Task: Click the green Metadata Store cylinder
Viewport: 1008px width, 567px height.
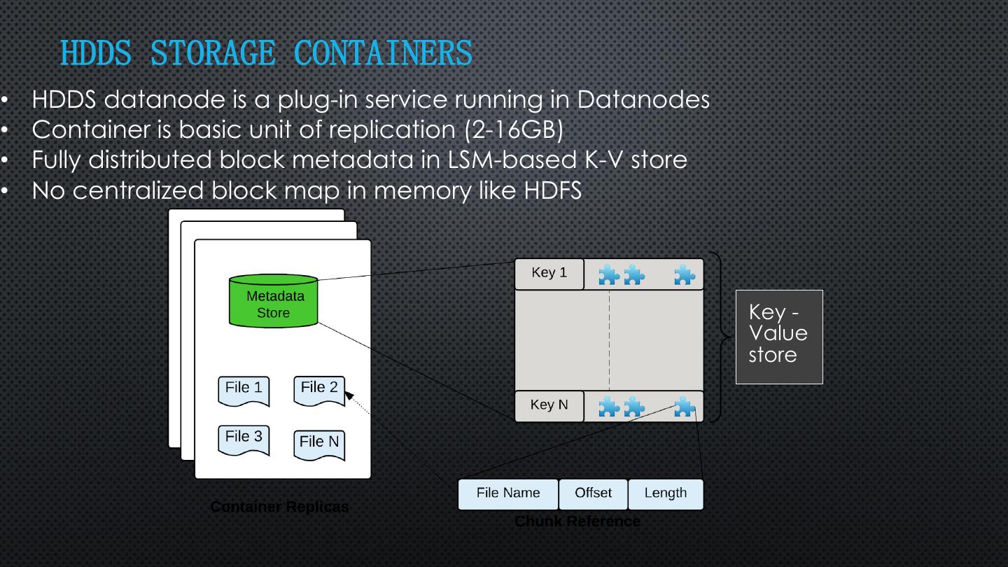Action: tap(274, 302)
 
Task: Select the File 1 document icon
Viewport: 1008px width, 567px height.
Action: tap(244, 391)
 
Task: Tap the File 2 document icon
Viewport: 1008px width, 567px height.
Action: tap(319, 390)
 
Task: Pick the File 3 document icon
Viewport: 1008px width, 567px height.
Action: tap(244, 440)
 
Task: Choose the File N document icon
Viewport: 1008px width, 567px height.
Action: tap(319, 444)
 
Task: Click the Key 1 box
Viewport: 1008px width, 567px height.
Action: tap(549, 274)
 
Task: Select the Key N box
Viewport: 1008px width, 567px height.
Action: tap(549, 406)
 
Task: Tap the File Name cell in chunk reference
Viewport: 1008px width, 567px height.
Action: tap(508, 494)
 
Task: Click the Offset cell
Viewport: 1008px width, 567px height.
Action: tap(593, 494)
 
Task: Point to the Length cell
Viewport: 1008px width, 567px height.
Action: tap(665, 494)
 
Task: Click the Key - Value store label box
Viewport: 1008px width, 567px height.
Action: tap(779, 336)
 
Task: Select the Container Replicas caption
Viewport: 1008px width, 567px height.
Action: tap(279, 507)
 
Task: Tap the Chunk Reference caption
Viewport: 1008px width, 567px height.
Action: tap(577, 521)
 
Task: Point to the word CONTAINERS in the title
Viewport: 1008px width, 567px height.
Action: tap(383, 54)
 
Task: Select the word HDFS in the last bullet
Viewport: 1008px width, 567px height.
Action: tap(553, 190)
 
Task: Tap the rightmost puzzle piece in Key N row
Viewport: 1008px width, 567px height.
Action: tap(685, 407)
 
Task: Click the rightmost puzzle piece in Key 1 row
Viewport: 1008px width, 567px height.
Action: tap(685, 275)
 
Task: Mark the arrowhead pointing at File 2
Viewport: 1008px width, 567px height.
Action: tap(349, 396)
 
